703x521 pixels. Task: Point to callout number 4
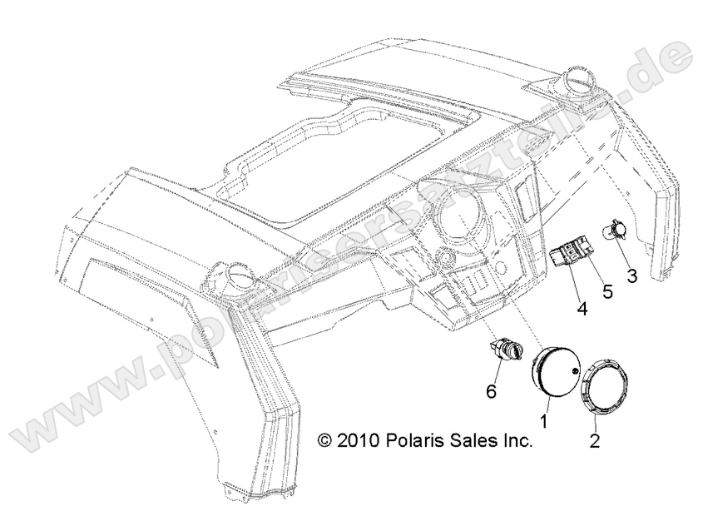pos(582,309)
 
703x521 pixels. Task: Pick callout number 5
pos(606,292)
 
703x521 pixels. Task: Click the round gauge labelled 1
pos(556,376)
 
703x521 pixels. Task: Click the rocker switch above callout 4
pos(573,255)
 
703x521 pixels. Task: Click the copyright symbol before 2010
pos(324,441)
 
